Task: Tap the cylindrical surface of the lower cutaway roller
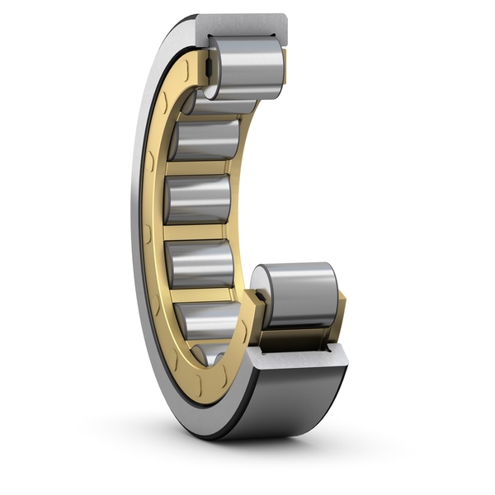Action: tap(300, 293)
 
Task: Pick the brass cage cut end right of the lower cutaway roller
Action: tap(338, 309)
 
